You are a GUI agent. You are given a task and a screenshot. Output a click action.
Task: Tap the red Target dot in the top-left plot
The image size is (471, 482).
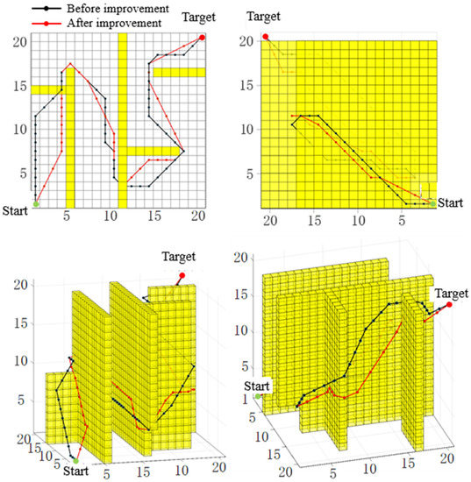203,37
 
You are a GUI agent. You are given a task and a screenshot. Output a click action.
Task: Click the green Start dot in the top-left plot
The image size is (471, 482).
36,203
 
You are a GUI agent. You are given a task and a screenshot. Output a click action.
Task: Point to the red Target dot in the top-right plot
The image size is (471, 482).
266,37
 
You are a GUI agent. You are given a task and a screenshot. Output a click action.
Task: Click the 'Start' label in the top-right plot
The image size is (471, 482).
451,202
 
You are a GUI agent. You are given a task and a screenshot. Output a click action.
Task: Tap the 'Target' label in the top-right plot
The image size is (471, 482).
265,17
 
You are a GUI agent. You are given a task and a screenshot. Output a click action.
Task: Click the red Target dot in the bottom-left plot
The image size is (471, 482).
182,276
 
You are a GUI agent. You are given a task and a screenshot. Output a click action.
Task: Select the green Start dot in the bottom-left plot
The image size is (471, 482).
75,458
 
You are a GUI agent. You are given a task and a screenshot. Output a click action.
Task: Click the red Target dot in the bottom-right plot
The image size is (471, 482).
448,305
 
